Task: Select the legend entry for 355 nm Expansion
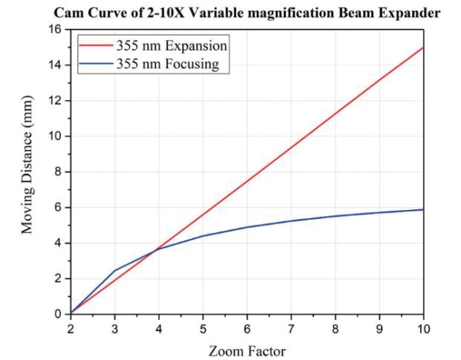coord(171,46)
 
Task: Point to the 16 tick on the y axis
coord(56,30)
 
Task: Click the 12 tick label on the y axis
coord(56,101)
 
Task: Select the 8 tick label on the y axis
coord(59,172)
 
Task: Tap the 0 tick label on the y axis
coord(59,314)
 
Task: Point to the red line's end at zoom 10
coord(423,48)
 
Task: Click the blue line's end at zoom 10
coord(423,209)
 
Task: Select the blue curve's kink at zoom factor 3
coord(115,270)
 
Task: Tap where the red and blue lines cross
coord(157,249)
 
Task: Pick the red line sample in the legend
coord(95,46)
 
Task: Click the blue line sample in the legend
coord(95,64)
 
